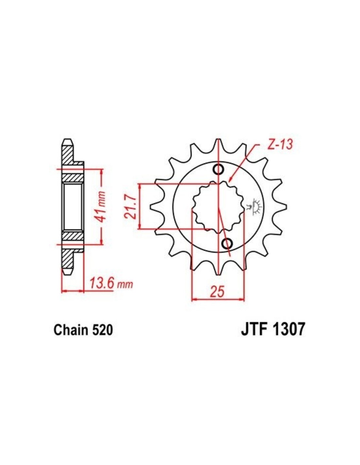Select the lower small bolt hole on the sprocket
click(x=227, y=243)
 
